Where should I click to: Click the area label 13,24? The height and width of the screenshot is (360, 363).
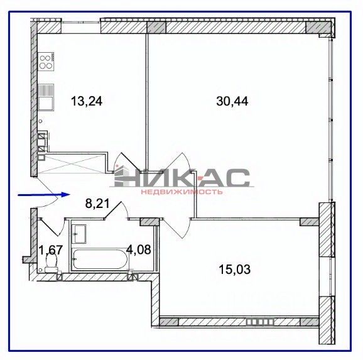(87, 102)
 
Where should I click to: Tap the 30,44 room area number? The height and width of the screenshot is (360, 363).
(232, 101)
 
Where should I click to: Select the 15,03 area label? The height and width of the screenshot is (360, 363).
(235, 270)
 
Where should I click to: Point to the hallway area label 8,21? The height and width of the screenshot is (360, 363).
(97, 204)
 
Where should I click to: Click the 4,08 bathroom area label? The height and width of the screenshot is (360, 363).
(139, 249)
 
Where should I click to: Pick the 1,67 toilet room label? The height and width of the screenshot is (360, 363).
(51, 250)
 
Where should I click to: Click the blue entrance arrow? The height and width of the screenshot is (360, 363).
(44, 195)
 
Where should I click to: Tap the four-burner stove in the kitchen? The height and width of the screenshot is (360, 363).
(46, 62)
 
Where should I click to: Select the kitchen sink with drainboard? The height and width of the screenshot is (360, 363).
(46, 97)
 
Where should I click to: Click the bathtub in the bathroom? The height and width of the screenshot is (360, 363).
(99, 259)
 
